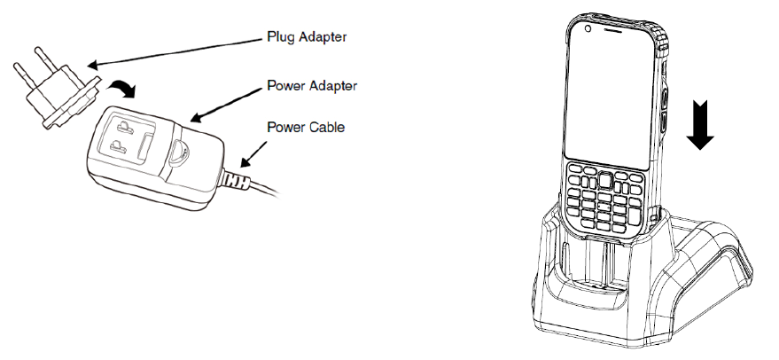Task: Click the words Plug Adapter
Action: tap(306, 38)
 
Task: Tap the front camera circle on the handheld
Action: tap(587, 32)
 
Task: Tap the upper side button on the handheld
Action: tap(665, 94)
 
